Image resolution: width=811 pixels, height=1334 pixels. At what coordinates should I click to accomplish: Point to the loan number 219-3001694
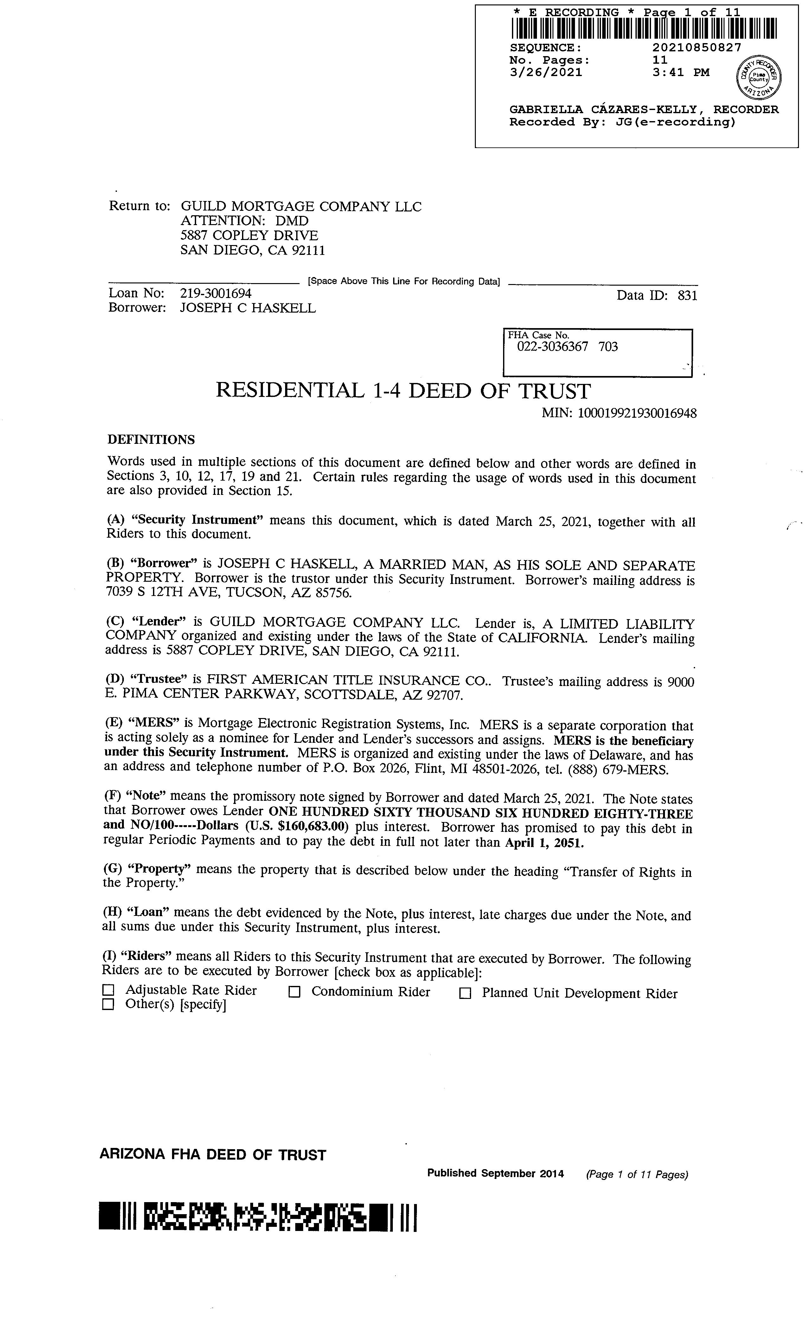click(216, 294)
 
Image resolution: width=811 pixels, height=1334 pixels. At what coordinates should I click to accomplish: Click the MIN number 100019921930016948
click(637, 414)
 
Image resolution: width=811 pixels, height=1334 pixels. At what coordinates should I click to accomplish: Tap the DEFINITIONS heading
click(151, 440)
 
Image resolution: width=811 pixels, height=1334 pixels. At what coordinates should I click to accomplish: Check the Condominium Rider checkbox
click(294, 992)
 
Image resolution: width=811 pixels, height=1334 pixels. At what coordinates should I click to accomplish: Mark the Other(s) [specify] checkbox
click(109, 1005)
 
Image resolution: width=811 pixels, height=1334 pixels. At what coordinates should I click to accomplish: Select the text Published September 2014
click(495, 1174)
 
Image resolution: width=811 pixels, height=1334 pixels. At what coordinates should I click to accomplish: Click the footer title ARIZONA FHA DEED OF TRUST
click(213, 1155)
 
